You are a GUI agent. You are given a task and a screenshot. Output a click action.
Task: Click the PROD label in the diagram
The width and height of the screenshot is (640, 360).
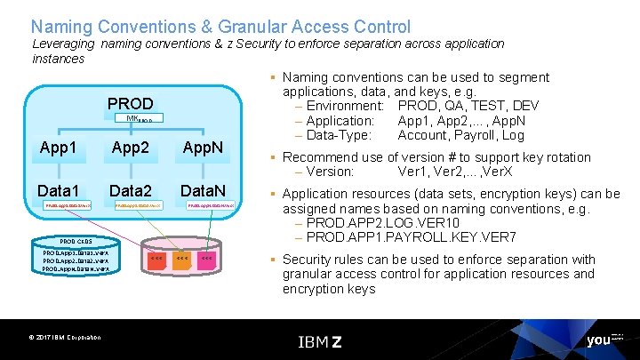130,104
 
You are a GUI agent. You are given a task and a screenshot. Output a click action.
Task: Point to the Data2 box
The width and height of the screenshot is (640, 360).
132,189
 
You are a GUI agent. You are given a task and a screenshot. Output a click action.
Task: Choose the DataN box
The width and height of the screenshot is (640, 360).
205,189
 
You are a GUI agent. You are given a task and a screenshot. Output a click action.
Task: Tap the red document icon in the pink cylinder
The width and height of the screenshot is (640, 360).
156,258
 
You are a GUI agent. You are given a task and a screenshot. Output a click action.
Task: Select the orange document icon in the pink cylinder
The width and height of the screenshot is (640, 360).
181,258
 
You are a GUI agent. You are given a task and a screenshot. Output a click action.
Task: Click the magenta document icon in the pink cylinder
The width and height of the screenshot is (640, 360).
206,258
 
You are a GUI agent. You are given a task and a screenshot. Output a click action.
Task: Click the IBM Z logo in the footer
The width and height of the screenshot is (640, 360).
319,341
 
